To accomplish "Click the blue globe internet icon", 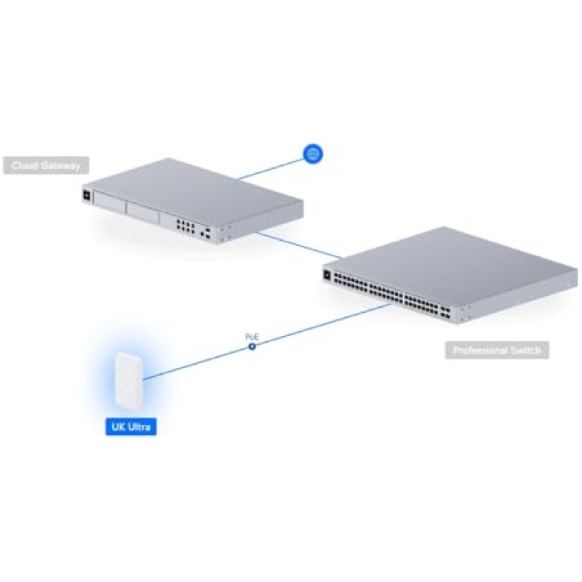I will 313,154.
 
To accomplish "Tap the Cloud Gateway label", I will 45,166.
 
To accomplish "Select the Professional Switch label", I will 497,351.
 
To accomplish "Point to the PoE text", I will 252,337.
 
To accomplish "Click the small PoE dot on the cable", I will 252,347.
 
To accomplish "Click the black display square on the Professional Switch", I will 328,274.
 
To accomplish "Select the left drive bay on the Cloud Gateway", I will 109,206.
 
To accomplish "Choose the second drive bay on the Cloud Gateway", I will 145,213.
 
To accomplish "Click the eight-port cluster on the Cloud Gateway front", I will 186,226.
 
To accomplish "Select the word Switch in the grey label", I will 524,351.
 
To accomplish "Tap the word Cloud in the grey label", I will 26,166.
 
